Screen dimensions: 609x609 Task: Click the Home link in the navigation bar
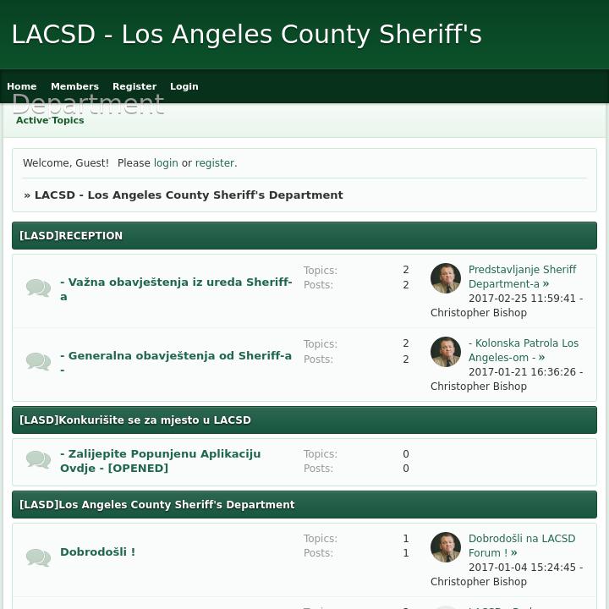pos(22,86)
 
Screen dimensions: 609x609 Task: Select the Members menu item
pos(74,86)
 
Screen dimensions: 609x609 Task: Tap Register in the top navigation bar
pos(134,86)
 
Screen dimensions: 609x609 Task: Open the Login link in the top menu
pos(184,86)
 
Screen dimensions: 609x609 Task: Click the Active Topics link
pos(50,120)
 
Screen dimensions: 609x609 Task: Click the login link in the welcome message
pos(166,163)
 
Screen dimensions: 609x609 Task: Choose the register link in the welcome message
pos(215,163)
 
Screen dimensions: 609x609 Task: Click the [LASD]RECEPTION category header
pos(71,236)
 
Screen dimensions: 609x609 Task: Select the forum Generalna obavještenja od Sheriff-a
pos(176,356)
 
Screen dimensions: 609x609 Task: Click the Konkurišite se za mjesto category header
pos(135,420)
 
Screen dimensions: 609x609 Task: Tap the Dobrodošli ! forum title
pos(97,552)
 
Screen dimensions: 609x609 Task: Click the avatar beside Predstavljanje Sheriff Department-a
pos(446,278)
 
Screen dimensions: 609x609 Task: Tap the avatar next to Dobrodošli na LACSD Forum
pos(446,547)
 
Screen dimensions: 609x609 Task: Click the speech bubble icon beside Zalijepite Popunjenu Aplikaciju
pos(38,460)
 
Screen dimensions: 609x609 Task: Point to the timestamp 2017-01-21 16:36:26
pos(522,372)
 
